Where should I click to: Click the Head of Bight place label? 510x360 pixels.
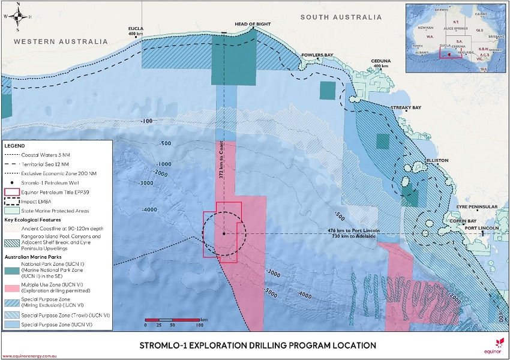249,24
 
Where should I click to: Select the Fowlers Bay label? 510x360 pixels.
317,55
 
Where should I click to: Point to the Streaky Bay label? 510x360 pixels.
406,107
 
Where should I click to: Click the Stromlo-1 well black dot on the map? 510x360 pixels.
224,233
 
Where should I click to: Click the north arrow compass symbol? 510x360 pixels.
19,17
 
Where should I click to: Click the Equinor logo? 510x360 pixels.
497,344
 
